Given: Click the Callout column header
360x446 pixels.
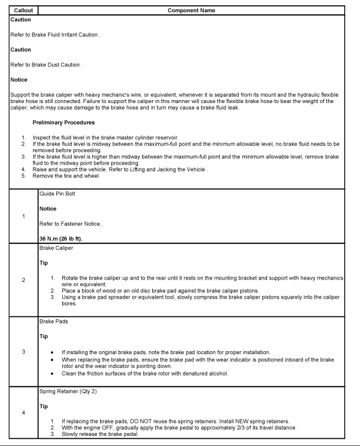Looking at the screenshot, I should point(20,11).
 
